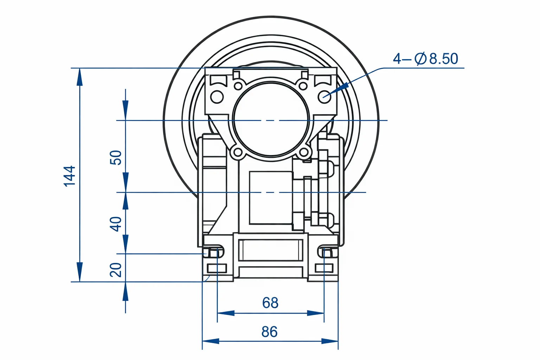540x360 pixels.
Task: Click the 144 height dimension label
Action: point(70,176)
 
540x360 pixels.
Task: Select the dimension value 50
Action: point(116,157)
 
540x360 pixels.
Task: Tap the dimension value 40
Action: point(116,224)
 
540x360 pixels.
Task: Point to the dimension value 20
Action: point(116,270)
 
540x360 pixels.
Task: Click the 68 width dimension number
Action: point(270,303)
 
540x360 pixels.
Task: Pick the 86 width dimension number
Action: point(270,332)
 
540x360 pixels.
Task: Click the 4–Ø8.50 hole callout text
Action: point(425,59)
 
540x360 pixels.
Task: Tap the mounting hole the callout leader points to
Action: point(324,97)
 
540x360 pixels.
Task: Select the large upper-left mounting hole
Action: point(217,97)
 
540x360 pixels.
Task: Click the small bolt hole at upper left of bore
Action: point(239,85)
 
